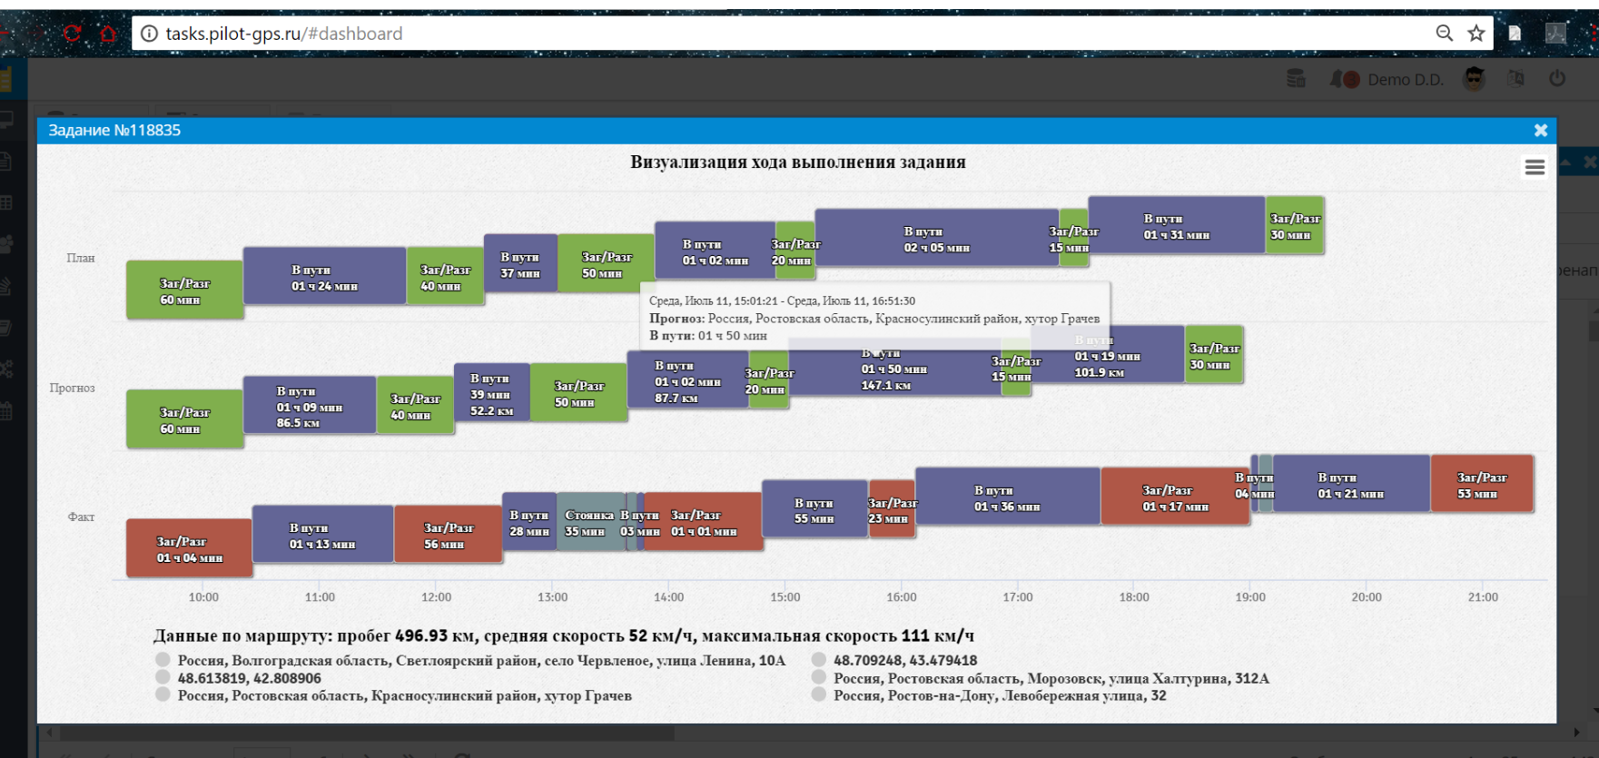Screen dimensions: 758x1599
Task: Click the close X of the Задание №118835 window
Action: (x=1540, y=131)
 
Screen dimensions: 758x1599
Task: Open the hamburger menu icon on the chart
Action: (x=1535, y=167)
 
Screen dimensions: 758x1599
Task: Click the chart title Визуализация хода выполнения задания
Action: (x=797, y=162)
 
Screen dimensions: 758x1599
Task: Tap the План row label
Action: (x=81, y=258)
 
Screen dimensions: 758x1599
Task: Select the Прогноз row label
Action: (x=72, y=388)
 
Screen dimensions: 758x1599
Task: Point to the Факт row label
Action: (x=81, y=517)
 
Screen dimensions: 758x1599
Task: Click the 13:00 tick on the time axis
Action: (x=552, y=597)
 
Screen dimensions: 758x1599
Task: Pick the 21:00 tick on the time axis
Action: (x=1483, y=597)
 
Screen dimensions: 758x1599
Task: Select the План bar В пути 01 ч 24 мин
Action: (x=324, y=277)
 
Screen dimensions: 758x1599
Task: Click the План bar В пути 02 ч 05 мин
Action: (x=936, y=239)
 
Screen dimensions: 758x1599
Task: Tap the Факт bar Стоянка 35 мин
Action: (x=589, y=522)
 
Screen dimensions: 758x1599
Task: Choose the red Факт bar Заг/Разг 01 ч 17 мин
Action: (x=1174, y=497)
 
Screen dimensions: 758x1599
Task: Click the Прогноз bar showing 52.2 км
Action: (x=491, y=394)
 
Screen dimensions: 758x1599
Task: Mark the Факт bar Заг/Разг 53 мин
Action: (x=1481, y=485)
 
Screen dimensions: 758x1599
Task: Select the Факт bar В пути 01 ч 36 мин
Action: (x=1006, y=497)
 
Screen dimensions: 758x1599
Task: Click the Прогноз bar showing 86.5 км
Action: (x=309, y=406)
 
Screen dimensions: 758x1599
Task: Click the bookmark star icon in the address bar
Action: (x=1476, y=34)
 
